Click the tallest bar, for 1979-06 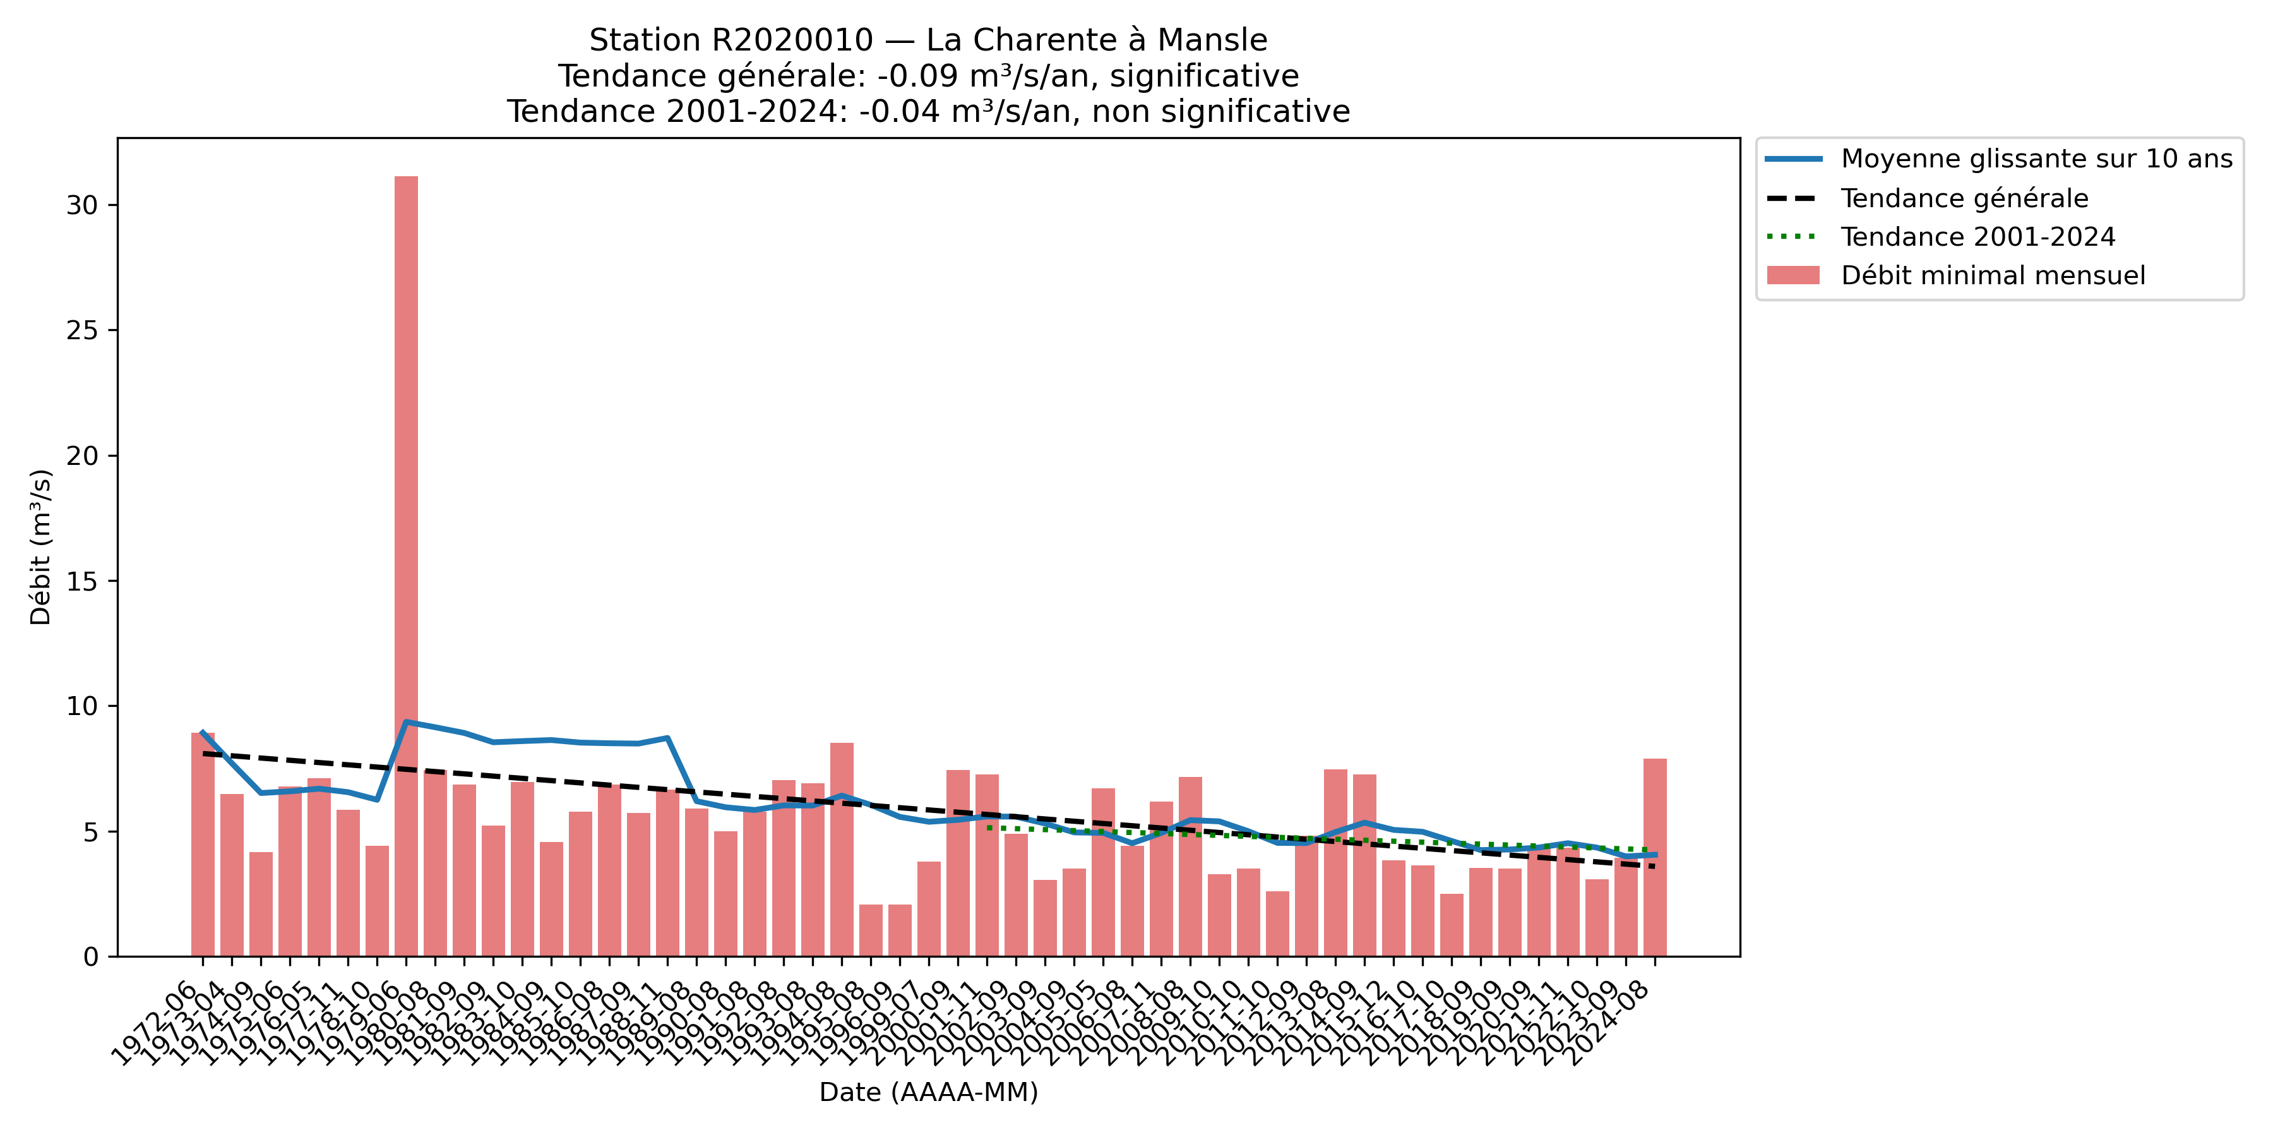(x=406, y=565)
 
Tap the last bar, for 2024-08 (x=1654, y=857)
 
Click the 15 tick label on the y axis (x=81, y=582)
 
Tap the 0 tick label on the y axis (x=91, y=958)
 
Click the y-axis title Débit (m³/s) (x=40, y=547)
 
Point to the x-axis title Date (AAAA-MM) (x=928, y=1093)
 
